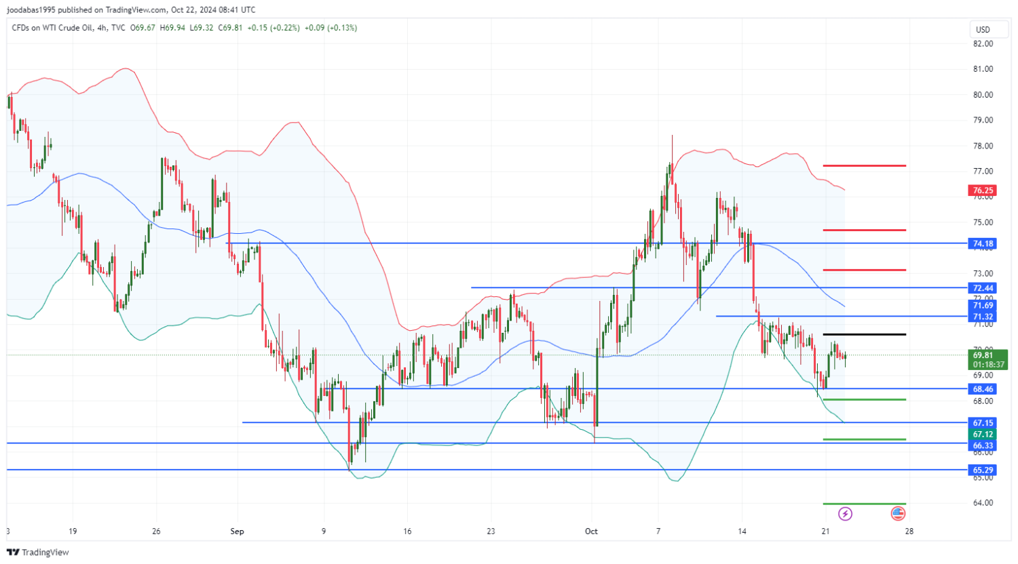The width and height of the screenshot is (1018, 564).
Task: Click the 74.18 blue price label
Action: (983, 243)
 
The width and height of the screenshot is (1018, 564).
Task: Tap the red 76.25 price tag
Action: (983, 190)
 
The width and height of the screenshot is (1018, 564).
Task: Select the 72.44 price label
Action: (983, 288)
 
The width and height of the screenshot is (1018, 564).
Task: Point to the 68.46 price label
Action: (983, 389)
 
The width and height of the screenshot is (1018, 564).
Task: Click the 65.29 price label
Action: (983, 470)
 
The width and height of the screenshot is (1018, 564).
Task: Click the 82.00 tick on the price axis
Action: (983, 43)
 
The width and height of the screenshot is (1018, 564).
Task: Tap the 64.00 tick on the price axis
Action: (983, 503)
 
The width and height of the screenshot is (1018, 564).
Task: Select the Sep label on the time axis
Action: (237, 531)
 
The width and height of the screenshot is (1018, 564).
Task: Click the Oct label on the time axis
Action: (591, 531)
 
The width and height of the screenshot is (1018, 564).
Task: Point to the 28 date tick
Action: (909, 531)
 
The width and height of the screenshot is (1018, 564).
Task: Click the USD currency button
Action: (983, 29)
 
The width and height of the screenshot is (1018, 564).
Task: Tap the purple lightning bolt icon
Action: (845, 514)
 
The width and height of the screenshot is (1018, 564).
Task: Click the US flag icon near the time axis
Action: (898, 514)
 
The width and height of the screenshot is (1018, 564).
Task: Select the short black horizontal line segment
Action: (864, 334)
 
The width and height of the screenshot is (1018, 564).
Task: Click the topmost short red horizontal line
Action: (864, 165)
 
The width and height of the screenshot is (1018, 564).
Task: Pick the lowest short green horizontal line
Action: (864, 504)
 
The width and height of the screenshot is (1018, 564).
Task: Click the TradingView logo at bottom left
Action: (38, 552)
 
